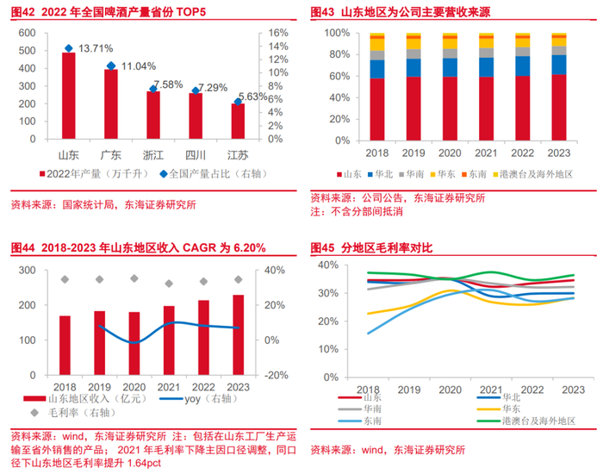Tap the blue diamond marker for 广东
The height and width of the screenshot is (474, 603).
click(x=110, y=66)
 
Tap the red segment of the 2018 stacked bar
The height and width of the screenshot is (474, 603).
click(x=377, y=109)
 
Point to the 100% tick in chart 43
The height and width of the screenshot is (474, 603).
click(x=337, y=33)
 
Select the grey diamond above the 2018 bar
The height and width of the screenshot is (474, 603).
click(x=65, y=279)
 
